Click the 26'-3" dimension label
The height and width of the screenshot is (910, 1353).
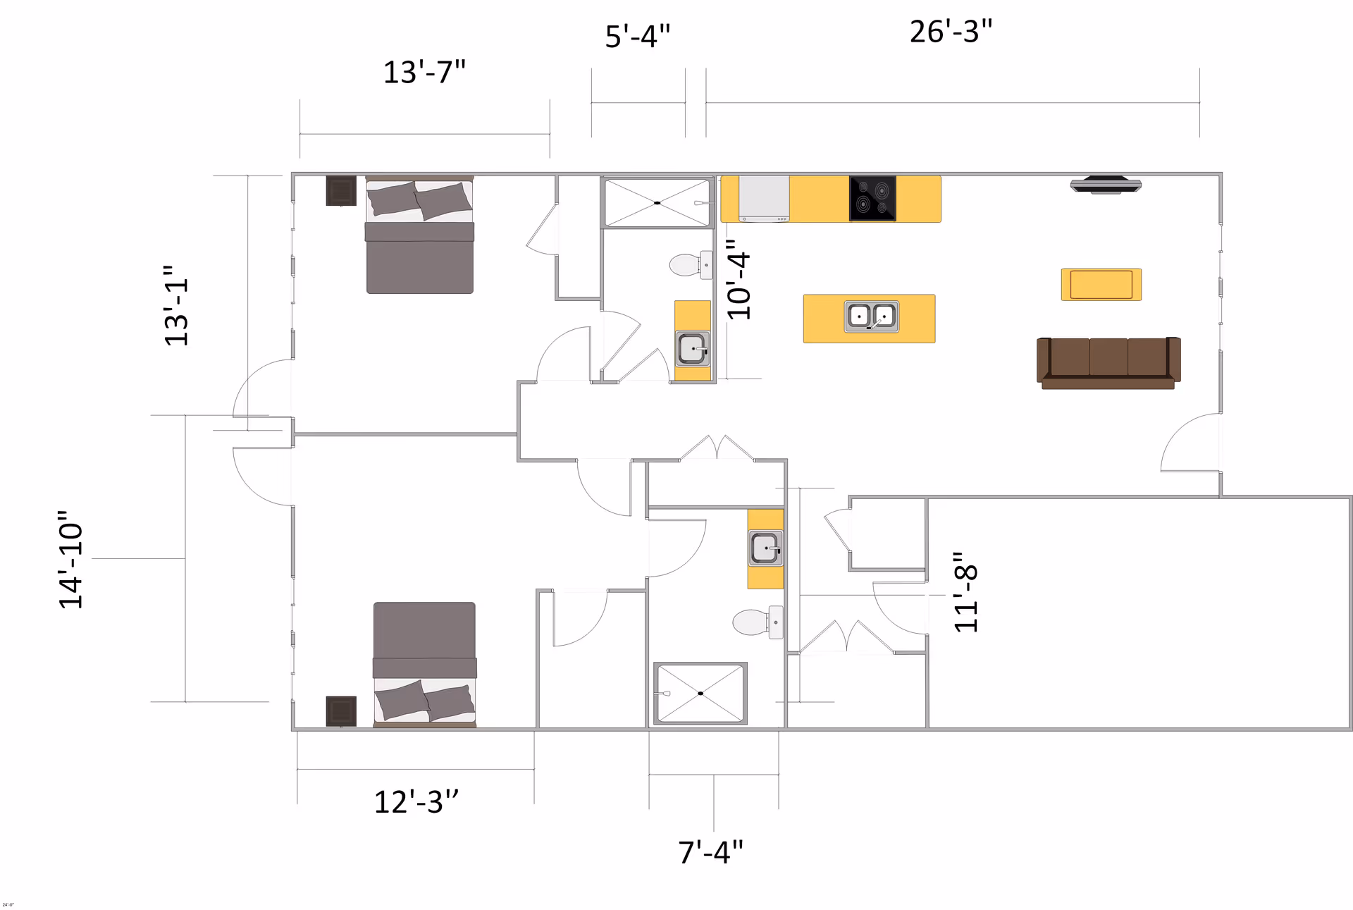[951, 32]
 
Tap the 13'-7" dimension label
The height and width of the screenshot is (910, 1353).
[424, 73]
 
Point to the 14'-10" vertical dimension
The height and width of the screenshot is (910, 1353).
[70, 559]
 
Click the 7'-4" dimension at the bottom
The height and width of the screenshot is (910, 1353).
[710, 852]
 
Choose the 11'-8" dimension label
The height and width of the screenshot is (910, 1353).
[966, 592]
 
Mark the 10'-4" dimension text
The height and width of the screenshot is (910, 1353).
[739, 280]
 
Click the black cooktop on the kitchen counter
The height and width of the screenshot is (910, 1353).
[872, 198]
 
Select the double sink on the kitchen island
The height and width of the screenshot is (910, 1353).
[872, 316]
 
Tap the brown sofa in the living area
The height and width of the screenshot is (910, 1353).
[1108, 362]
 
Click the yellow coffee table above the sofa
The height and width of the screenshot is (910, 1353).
[1101, 285]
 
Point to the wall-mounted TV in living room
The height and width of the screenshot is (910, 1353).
[1105, 185]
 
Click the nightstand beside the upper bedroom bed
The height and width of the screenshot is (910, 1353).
[341, 190]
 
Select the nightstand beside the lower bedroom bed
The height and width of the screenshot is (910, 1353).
[341, 711]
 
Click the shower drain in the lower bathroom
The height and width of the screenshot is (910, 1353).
[700, 694]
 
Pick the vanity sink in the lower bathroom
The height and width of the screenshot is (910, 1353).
[765, 548]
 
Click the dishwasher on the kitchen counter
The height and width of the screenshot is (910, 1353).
[764, 198]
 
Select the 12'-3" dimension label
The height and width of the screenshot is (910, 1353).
[416, 802]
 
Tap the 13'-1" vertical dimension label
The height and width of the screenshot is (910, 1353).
[176, 305]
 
